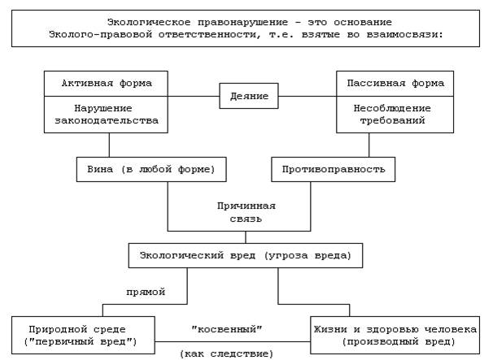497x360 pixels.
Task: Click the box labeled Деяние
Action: pyautogui.click(x=249, y=97)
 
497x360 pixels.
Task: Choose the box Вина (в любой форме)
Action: pyautogui.click(x=150, y=168)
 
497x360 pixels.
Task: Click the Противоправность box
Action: pyautogui.click(x=334, y=168)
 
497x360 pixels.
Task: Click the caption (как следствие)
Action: pyautogui.click(x=226, y=353)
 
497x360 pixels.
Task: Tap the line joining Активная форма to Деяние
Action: pyautogui.click(x=194, y=97)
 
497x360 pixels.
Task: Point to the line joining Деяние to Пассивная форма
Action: pyautogui.click(x=307, y=97)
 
